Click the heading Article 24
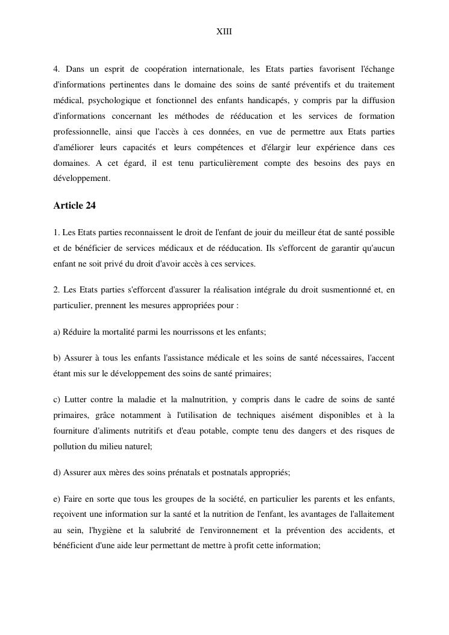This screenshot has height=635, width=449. pos(74,206)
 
